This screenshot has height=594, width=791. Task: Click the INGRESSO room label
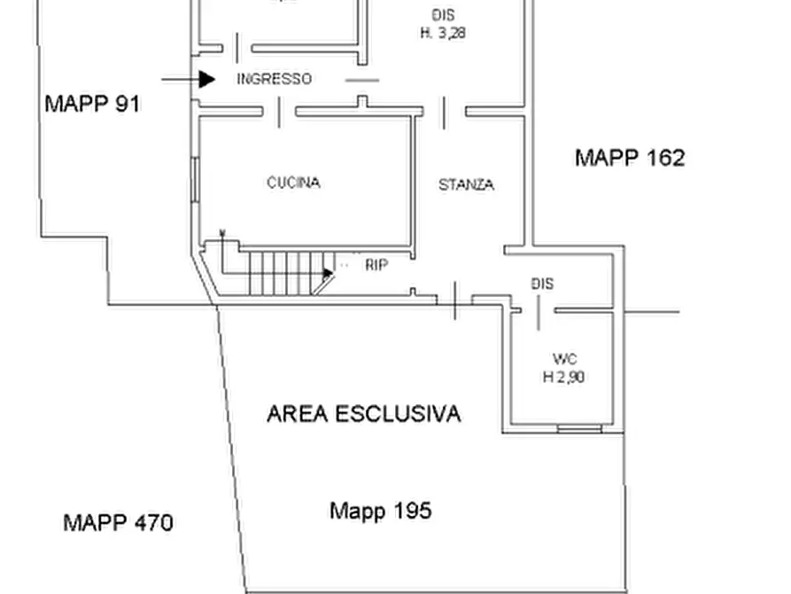pyautogui.click(x=274, y=79)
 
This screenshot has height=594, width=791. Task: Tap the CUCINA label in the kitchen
pyautogui.click(x=293, y=183)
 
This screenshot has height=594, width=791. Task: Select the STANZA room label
pyautogui.click(x=466, y=185)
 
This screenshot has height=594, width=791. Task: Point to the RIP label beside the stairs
pyautogui.click(x=376, y=264)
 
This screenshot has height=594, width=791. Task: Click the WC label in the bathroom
pyautogui.click(x=564, y=359)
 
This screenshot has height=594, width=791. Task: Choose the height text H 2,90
pyautogui.click(x=563, y=377)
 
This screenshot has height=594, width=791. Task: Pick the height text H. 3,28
pyautogui.click(x=443, y=33)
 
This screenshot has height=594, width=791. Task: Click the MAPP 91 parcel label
pyautogui.click(x=92, y=104)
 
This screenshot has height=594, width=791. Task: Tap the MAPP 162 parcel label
pyautogui.click(x=629, y=158)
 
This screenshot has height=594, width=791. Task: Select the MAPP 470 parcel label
pyautogui.click(x=118, y=522)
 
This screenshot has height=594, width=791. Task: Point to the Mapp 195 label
pyautogui.click(x=380, y=511)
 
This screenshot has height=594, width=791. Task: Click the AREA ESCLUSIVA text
pyautogui.click(x=364, y=414)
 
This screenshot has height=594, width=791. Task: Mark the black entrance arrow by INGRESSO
pyautogui.click(x=206, y=80)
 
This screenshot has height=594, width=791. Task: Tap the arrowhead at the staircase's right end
pyautogui.click(x=328, y=273)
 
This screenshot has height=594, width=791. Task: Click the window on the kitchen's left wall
pyautogui.click(x=195, y=180)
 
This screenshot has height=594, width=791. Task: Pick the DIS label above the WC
pyautogui.click(x=542, y=284)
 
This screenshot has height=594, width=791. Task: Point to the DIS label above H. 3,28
pyautogui.click(x=443, y=15)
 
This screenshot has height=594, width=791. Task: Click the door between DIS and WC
pyautogui.click(x=539, y=312)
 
